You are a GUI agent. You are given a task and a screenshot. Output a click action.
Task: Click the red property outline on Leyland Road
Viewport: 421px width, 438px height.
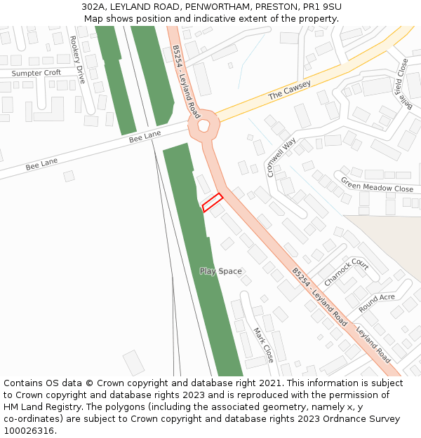pyautogui.click(x=212, y=203)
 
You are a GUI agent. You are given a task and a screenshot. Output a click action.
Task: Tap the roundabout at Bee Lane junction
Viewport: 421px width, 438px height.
pyautogui.click(x=204, y=126)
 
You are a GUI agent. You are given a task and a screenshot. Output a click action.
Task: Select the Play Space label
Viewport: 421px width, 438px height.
pyautogui.click(x=220, y=271)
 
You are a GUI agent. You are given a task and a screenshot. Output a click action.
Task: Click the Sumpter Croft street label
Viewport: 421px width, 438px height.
pyautogui.click(x=36, y=73)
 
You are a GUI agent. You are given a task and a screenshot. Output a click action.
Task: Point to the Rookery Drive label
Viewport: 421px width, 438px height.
pyautogui.click(x=76, y=60)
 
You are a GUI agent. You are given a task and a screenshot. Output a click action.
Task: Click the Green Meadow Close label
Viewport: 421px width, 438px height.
pyautogui.click(x=377, y=184)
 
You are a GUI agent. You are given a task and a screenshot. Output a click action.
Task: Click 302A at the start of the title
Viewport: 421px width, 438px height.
pyautogui.click(x=93, y=6)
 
